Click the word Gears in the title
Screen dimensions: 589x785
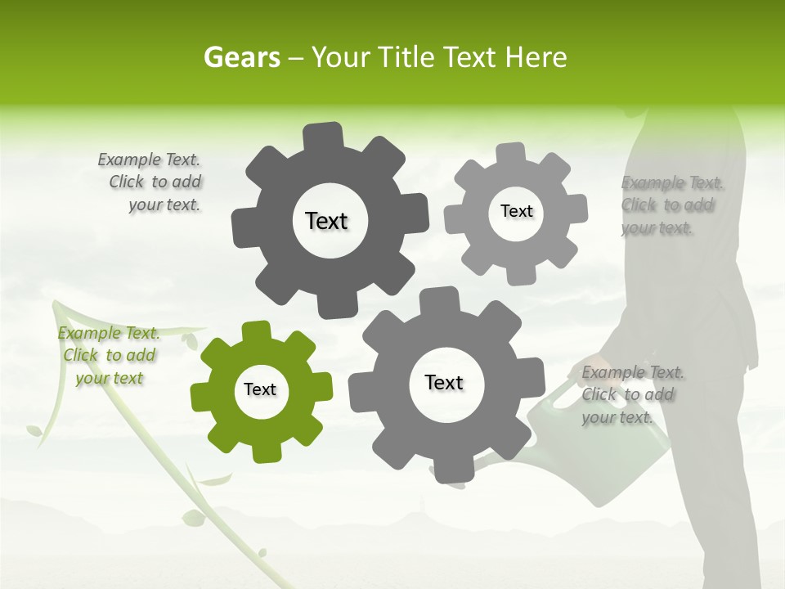coord(240,57)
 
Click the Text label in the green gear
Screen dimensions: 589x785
coord(260,390)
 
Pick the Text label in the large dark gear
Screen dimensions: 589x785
coord(326,221)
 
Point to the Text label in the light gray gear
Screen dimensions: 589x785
coord(516,211)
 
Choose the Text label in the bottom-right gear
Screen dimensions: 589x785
coord(444,383)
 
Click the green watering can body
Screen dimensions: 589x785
coord(564,434)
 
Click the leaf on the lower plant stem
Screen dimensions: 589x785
coord(193,518)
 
